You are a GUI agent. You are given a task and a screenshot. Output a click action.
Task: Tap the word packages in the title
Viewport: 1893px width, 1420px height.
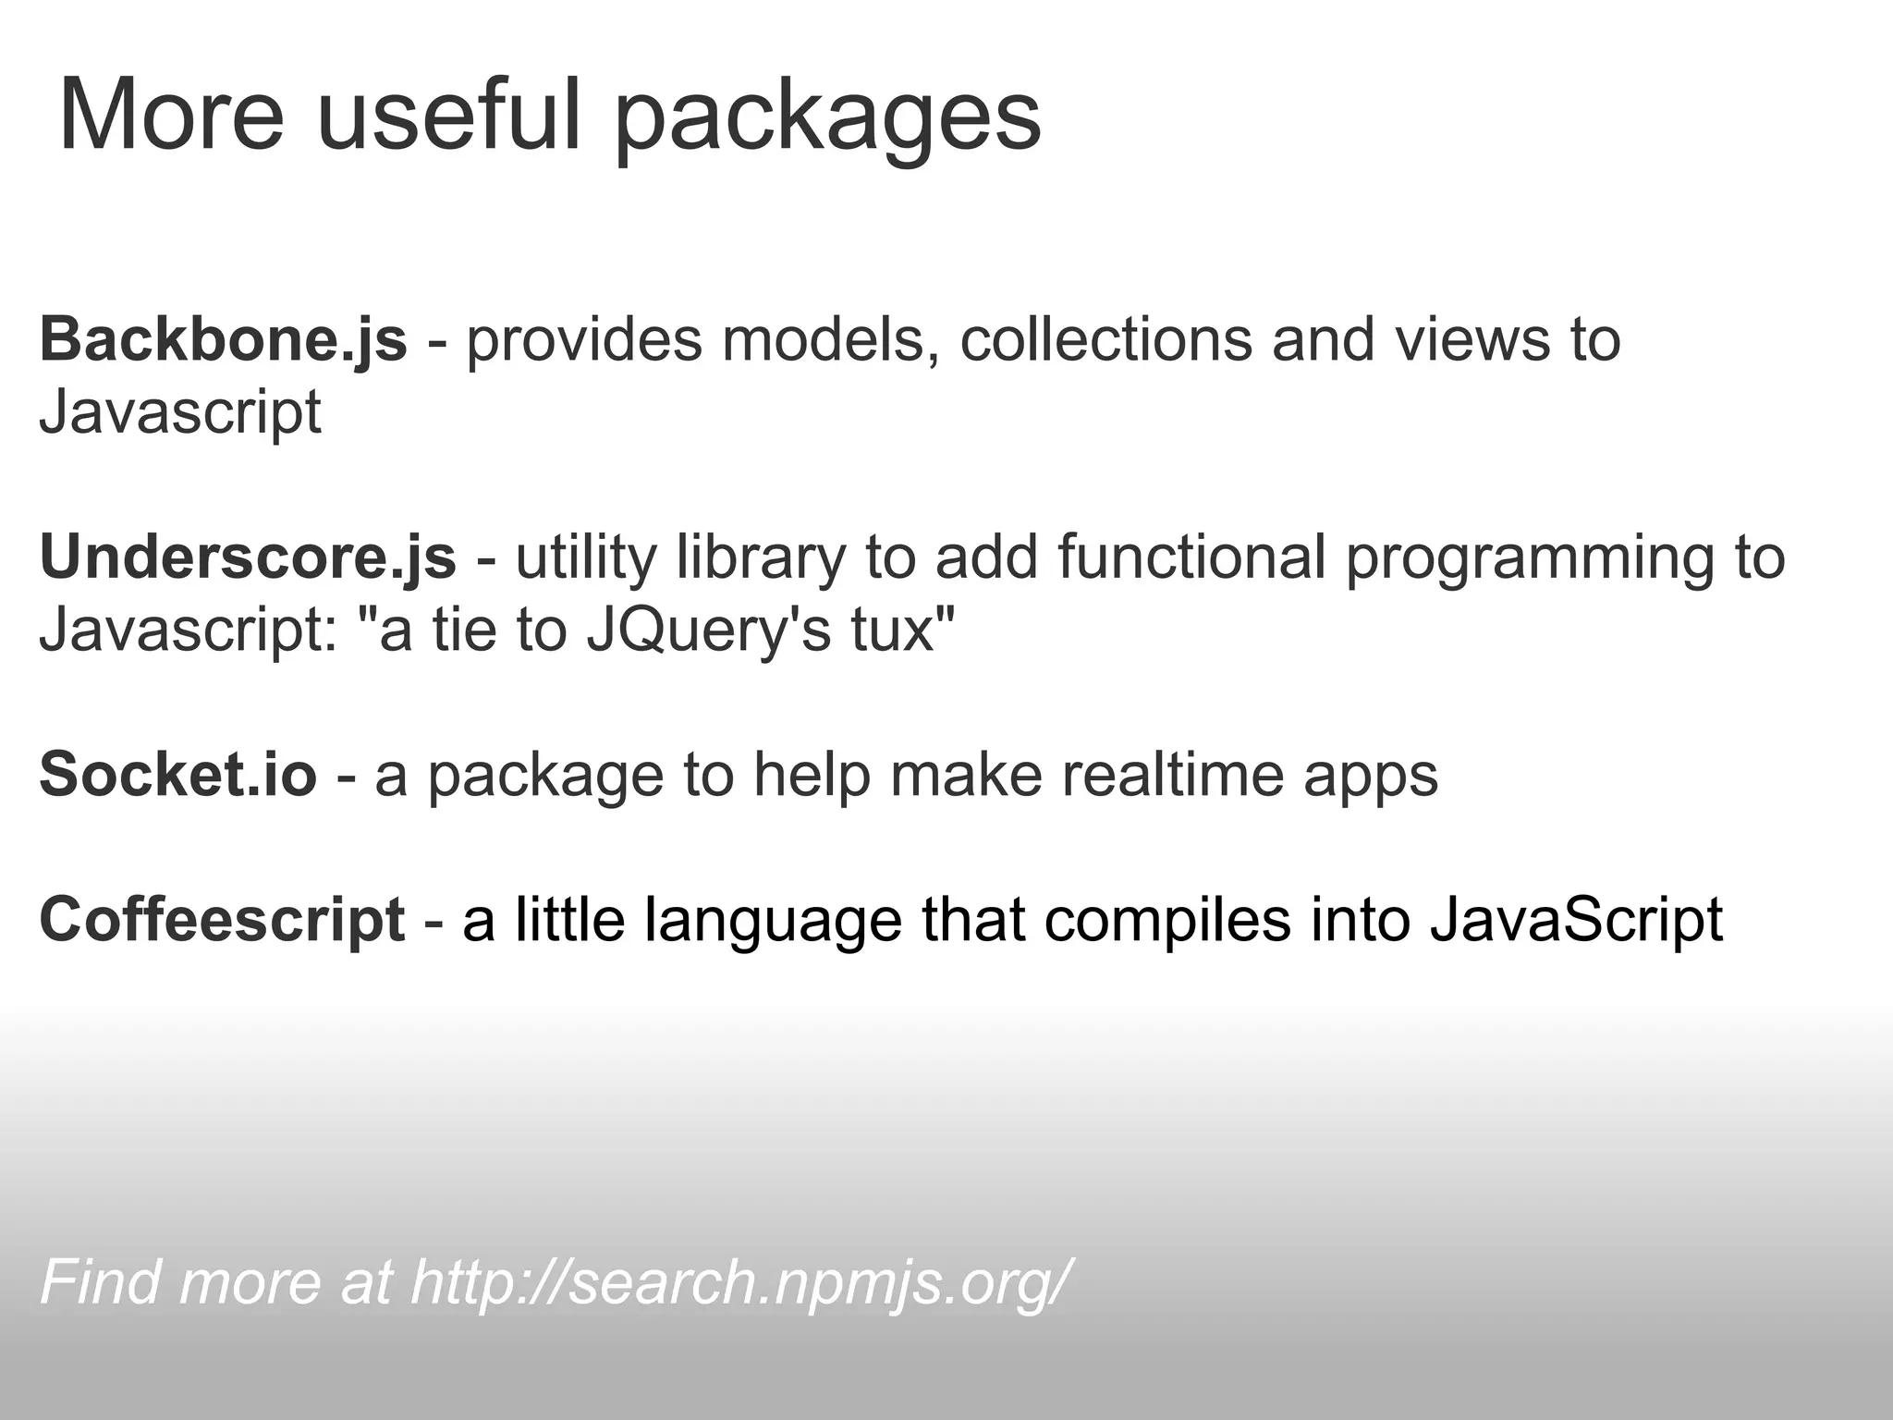pyautogui.click(x=827, y=120)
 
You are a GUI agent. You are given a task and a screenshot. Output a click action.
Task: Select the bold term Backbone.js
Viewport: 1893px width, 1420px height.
pyautogui.click(x=223, y=339)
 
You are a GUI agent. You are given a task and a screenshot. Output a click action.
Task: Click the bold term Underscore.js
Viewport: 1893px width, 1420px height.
pyautogui.click(x=248, y=557)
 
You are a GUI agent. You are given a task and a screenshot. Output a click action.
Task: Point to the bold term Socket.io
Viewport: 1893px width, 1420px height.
pyautogui.click(x=177, y=774)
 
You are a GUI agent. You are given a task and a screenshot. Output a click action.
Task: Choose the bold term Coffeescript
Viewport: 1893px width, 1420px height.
pyautogui.click(x=222, y=920)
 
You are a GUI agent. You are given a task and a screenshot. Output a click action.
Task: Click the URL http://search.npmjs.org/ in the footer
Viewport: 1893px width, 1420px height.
pyautogui.click(x=739, y=1282)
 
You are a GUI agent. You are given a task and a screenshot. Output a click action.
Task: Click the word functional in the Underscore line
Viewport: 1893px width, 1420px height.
pyautogui.click(x=1191, y=557)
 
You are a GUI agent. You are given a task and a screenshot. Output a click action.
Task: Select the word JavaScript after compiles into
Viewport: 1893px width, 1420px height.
pyautogui.click(x=1576, y=920)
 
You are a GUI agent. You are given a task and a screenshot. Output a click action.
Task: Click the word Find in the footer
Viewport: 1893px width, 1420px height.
pyautogui.click(x=102, y=1282)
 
